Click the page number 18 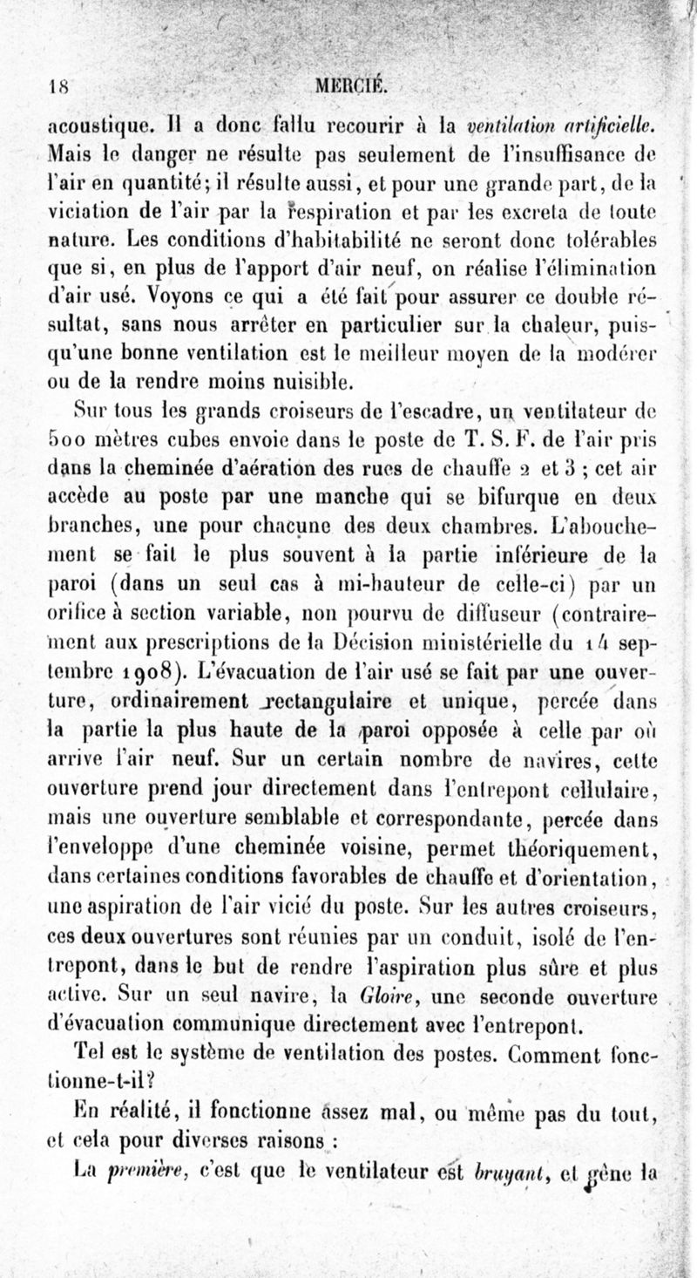pyautogui.click(x=58, y=85)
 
